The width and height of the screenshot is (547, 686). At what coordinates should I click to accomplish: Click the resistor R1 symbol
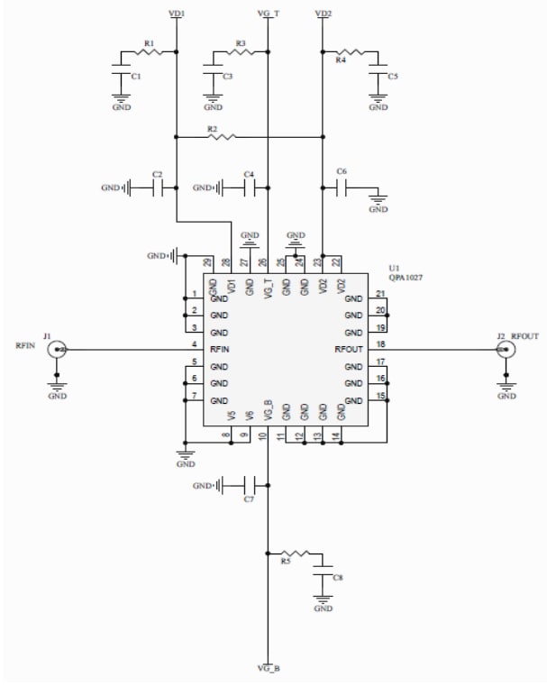[x=149, y=52]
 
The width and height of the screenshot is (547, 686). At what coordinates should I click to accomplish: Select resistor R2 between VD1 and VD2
[x=221, y=137]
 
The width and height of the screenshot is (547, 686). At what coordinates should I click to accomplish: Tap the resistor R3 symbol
[x=242, y=52]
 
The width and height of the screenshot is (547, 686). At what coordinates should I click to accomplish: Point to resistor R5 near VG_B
[x=296, y=552]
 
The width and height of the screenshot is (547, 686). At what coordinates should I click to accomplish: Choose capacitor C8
[x=322, y=575]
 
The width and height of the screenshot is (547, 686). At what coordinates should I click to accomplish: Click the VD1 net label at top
[x=178, y=14]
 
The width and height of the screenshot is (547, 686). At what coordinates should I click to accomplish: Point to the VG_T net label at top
[x=268, y=14]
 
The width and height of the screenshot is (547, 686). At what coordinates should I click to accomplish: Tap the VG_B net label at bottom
[x=268, y=668]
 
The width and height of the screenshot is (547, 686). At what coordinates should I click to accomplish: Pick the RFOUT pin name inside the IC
[x=348, y=350]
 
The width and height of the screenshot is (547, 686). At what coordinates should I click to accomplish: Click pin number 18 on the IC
[x=380, y=343]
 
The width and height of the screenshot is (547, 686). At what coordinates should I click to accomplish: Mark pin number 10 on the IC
[x=262, y=436]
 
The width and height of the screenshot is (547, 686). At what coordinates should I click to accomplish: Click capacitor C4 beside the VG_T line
[x=250, y=188]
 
